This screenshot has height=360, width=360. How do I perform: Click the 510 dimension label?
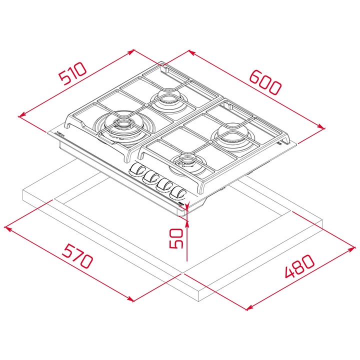click(x=73, y=73)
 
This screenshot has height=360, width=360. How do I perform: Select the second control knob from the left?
click(x=150, y=177)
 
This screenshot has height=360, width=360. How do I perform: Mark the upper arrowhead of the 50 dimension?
click(x=186, y=220)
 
